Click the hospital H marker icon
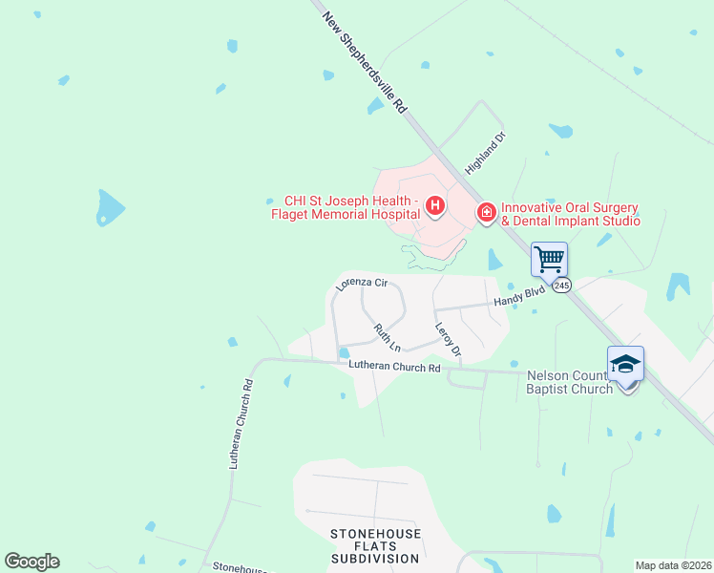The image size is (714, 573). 435,205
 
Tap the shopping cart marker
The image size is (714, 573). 549,258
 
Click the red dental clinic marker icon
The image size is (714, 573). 486,211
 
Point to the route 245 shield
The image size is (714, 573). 561,285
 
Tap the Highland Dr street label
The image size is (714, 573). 484,152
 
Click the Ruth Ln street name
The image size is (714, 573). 387,336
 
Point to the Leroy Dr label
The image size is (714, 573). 448,339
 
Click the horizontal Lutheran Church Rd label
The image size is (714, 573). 394,367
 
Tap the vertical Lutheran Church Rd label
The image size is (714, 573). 240,424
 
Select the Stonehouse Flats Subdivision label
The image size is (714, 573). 374,545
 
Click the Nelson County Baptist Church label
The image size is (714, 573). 571,382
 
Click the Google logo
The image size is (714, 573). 31,562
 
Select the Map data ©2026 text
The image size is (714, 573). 673,565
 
